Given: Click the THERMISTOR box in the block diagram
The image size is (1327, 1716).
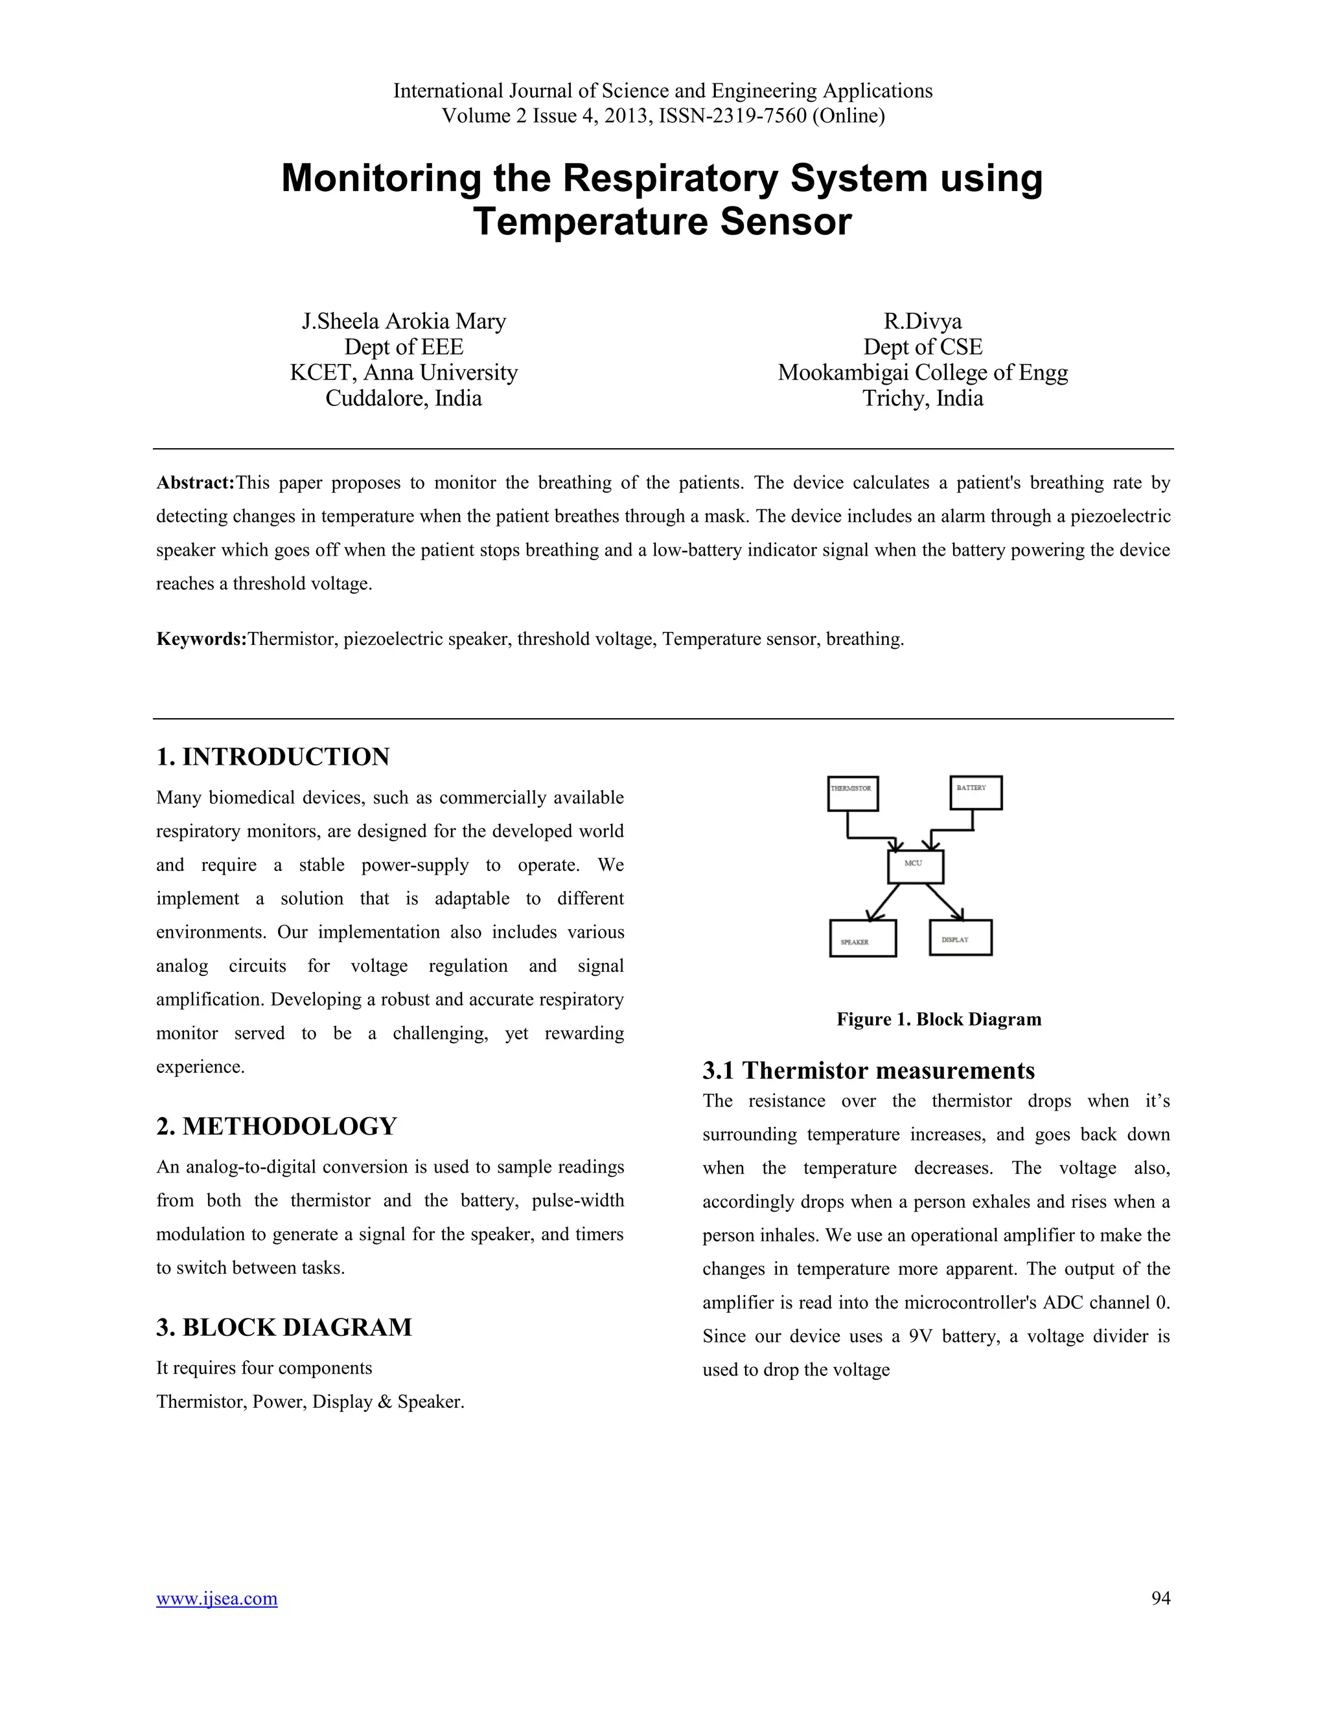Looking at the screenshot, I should (x=852, y=794).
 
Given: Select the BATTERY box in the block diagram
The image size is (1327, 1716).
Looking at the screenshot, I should (x=976, y=792).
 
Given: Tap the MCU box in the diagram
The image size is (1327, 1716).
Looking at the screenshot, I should (x=915, y=866).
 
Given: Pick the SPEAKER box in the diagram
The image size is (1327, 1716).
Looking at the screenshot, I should (x=862, y=938).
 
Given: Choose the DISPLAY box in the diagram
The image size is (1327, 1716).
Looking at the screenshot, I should (x=960, y=938).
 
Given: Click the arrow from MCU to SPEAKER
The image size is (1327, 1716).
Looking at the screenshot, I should (x=884, y=902).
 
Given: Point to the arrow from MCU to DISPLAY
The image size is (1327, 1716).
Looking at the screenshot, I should (x=945, y=901).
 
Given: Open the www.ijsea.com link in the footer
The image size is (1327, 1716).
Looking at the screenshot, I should (x=216, y=1598).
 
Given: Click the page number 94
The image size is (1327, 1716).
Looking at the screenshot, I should (x=1160, y=1598).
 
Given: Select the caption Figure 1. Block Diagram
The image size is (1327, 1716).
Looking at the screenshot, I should (x=939, y=1019).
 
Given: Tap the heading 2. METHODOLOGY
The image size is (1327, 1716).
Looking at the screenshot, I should (x=276, y=1126).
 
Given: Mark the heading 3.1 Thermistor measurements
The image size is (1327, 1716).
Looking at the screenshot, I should (x=868, y=1070).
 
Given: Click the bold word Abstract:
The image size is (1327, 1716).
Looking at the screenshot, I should (x=195, y=482).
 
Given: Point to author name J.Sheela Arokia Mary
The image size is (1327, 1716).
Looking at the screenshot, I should (x=403, y=321).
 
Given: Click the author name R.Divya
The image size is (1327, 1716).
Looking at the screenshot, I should (x=922, y=321).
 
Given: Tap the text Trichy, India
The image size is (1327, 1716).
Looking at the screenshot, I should (x=922, y=398).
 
